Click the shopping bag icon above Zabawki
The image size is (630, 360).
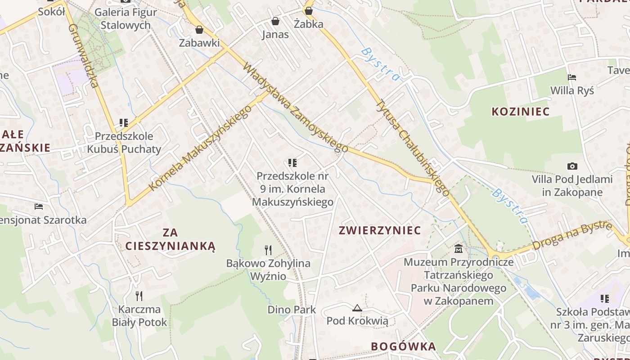(199, 30)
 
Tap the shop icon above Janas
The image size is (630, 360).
(275, 21)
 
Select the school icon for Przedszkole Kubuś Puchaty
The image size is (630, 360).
(124, 122)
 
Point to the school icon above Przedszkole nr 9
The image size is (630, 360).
(292, 162)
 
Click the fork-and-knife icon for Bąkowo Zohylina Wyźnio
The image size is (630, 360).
(268, 250)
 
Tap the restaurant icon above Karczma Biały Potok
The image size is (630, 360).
(139, 296)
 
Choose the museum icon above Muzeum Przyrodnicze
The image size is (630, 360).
(459, 248)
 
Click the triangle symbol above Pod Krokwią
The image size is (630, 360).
(357, 308)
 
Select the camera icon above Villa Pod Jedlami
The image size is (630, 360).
(572, 166)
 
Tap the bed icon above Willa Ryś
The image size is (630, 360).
(572, 77)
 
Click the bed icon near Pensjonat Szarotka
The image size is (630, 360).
(39, 207)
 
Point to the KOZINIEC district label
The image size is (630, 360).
(521, 112)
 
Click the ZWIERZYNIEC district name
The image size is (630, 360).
(380, 231)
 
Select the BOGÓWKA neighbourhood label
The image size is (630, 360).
(403, 346)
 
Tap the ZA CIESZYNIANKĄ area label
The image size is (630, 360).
(171, 239)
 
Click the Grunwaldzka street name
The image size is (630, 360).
(83, 56)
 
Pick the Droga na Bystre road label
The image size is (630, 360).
(572, 235)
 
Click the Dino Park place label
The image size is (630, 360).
(292, 310)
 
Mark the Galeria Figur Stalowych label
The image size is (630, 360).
(126, 18)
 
